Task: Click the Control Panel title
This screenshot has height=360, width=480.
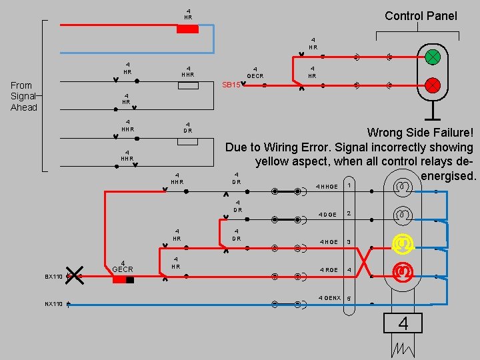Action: [421, 15]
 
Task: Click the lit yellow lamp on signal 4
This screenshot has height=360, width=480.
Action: [401, 244]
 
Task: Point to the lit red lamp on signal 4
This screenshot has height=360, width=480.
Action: [401, 271]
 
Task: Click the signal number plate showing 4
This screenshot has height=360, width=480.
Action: [403, 324]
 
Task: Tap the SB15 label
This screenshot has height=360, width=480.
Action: [231, 85]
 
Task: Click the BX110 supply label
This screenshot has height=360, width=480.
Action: [53, 276]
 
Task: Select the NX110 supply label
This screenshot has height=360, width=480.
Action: [53, 304]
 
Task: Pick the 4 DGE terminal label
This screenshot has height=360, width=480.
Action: [327, 214]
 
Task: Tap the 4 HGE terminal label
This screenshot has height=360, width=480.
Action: [328, 241]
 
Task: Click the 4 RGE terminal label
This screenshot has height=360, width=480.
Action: [328, 269]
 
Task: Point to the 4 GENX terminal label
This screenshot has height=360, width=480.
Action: [329, 297]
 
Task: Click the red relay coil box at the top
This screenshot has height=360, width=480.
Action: [187, 29]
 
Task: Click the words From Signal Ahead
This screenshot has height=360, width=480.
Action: [23, 96]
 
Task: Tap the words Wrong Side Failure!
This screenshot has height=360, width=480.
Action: [420, 133]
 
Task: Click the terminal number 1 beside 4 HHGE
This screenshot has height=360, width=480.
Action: [349, 185]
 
